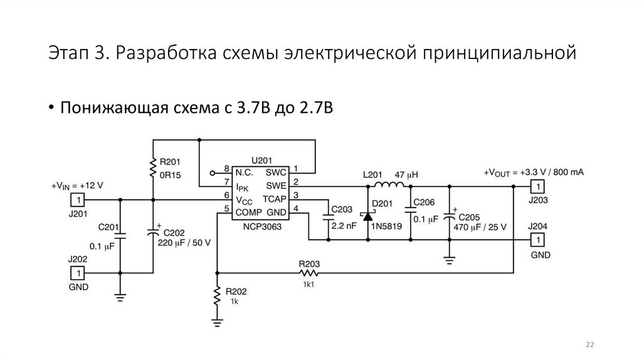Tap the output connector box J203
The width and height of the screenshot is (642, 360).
(537, 186)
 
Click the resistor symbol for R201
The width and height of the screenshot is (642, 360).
(152, 167)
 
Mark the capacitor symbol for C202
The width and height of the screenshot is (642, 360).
(152, 231)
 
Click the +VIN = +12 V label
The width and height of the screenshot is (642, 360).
(77, 186)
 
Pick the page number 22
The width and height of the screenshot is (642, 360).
(590, 344)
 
